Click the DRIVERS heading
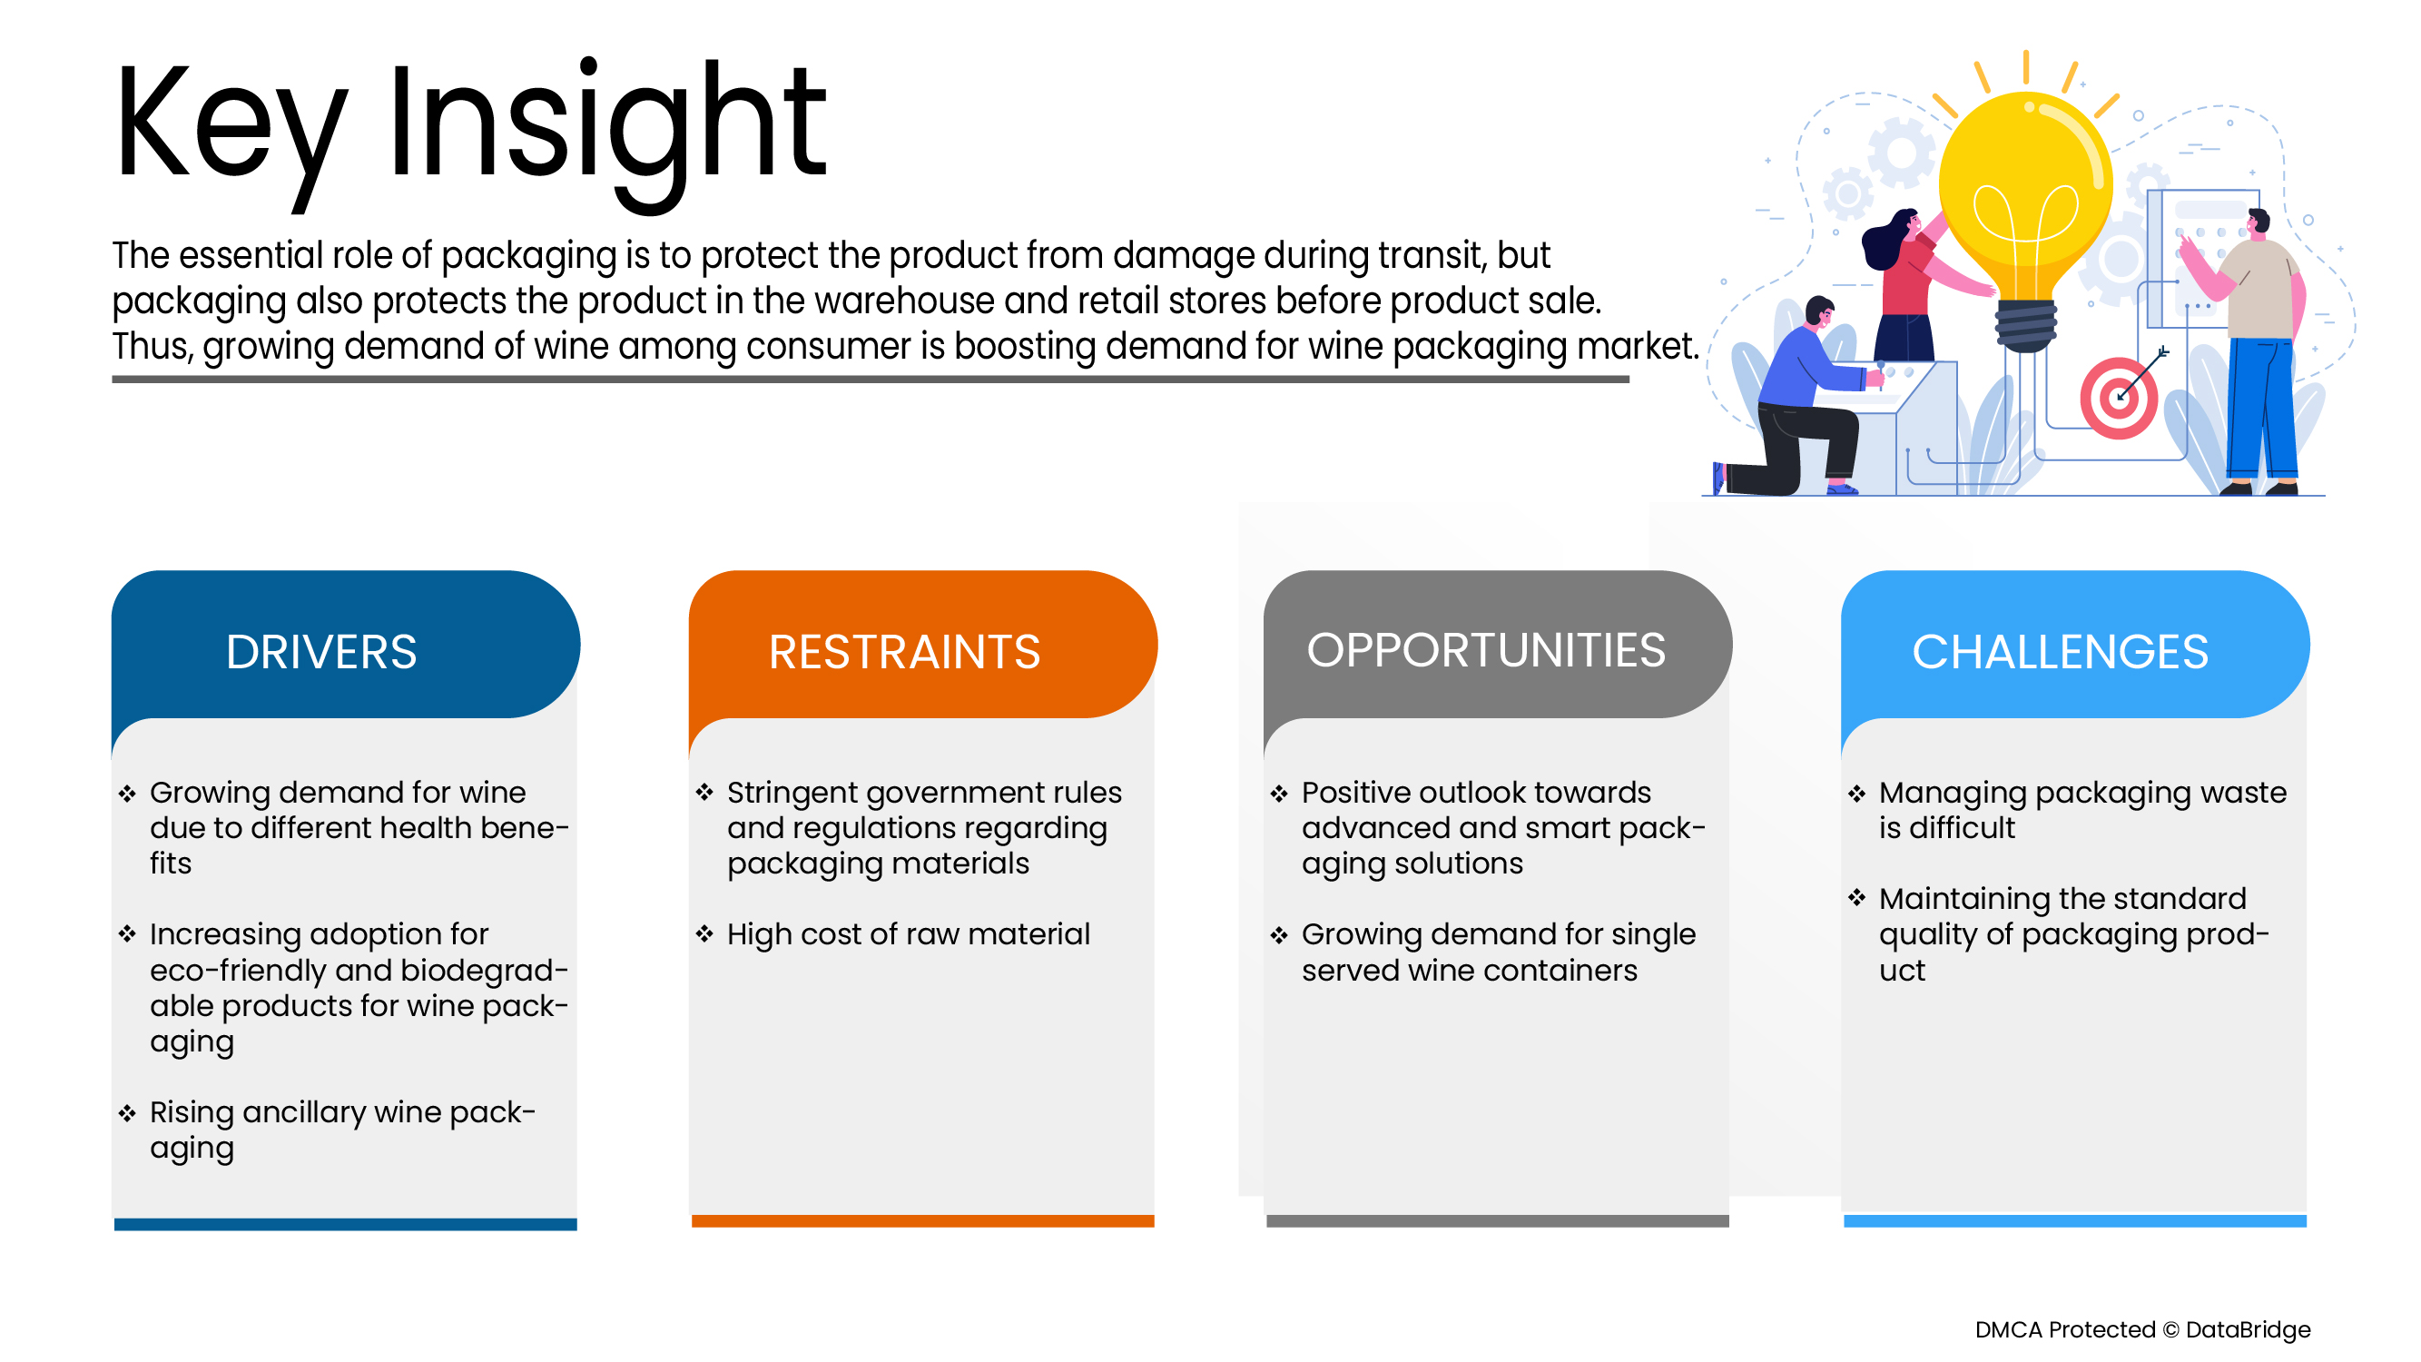click(321, 651)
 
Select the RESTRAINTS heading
click(904, 651)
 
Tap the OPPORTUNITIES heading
click(1486, 649)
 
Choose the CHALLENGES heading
click(2060, 651)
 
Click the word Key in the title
click(231, 127)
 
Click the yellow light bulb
click(2025, 216)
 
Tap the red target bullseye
click(2119, 398)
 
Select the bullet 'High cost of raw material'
click(908, 934)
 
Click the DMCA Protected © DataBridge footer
click(2142, 1329)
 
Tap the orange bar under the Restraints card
click(922, 1220)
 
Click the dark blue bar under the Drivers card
click(345, 1224)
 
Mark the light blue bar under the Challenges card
click(2074, 1220)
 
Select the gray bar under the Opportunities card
click(1497, 1220)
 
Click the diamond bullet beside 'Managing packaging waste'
click(1856, 794)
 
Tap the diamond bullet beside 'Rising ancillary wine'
click(127, 1113)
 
